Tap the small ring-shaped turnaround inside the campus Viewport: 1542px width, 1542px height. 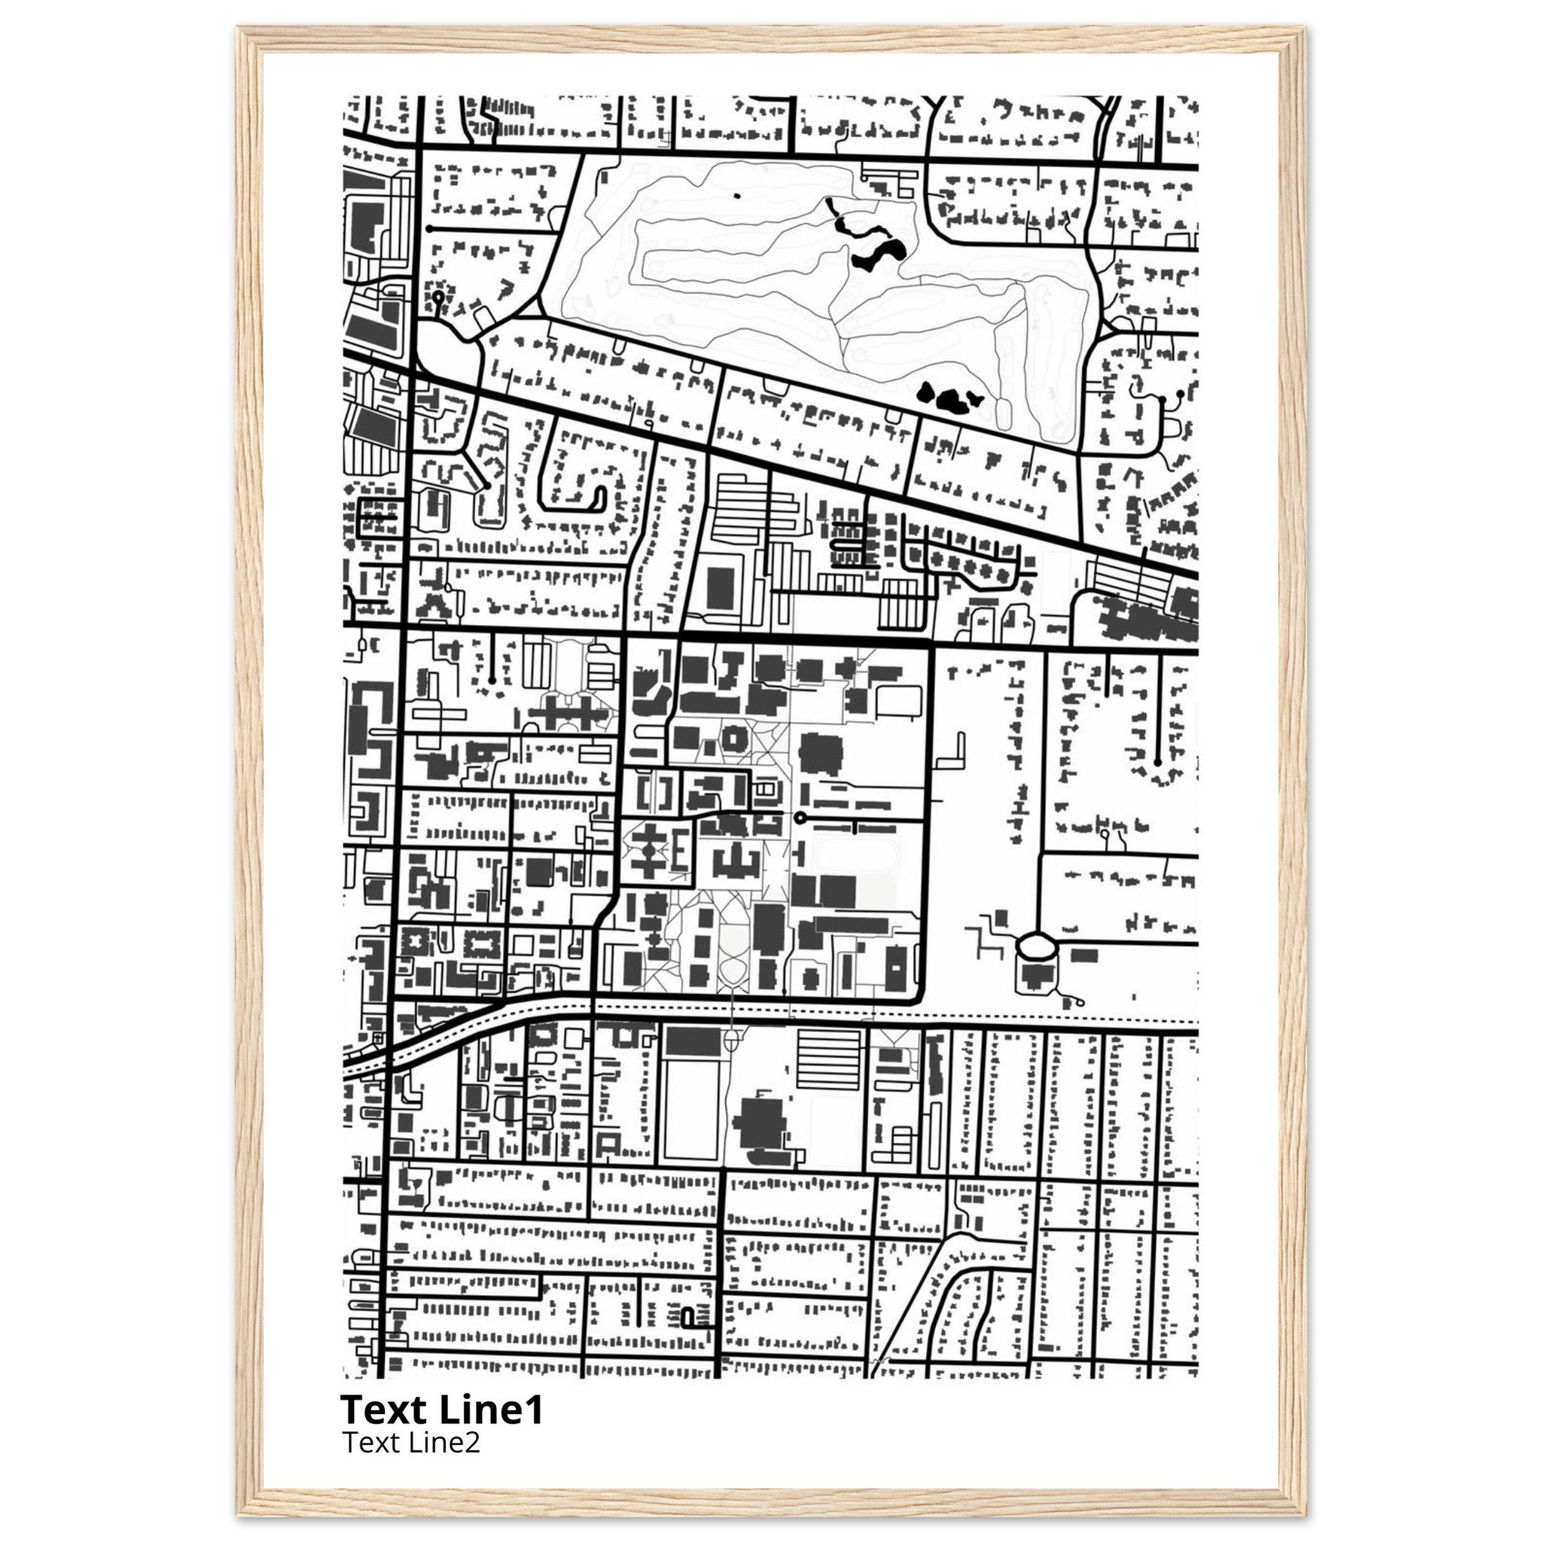800,817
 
